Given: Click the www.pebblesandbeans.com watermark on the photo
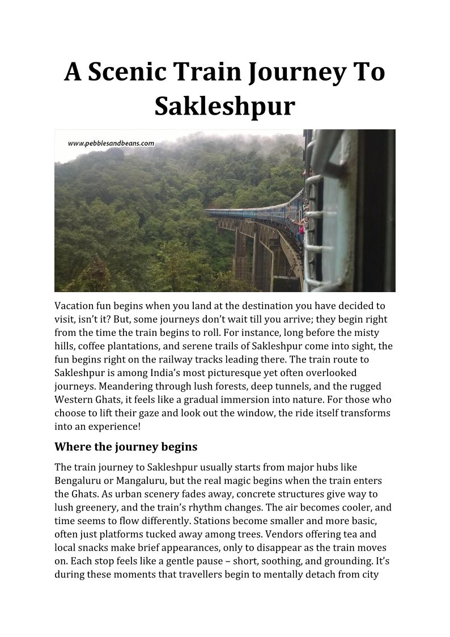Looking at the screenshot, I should point(111,144).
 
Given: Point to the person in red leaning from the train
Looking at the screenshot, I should point(301,230).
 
